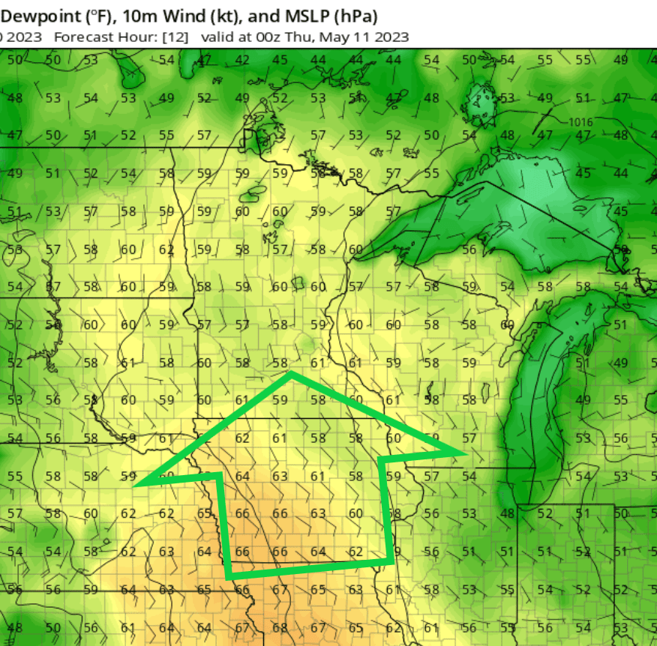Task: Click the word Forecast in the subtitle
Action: (82, 37)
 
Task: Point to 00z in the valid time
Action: (262, 37)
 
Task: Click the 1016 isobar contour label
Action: (580, 122)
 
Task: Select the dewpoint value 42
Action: (242, 60)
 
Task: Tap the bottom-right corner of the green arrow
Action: (392, 561)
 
